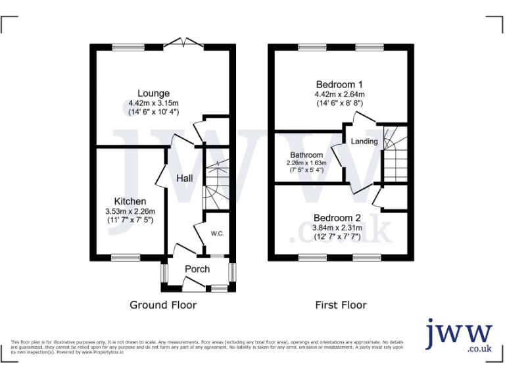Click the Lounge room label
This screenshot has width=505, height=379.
click(153, 93)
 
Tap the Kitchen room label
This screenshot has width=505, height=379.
click(130, 201)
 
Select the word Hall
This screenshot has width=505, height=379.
click(184, 178)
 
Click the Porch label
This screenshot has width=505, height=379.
click(197, 269)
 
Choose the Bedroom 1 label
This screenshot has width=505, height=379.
click(339, 85)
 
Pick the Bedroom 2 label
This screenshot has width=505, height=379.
click(337, 218)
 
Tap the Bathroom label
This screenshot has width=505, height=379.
click(306, 155)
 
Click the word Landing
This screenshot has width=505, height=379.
click(364, 141)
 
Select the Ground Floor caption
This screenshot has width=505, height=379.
click(163, 305)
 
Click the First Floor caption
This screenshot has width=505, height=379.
click(341, 305)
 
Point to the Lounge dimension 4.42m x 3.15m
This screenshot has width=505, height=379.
click(153, 103)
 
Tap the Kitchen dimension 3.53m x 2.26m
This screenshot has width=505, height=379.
click(130, 211)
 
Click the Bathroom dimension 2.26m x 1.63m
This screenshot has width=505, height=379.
click(306, 163)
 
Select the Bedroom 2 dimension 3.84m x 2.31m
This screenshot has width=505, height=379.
click(337, 228)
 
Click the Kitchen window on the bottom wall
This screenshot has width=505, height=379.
click(126, 258)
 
